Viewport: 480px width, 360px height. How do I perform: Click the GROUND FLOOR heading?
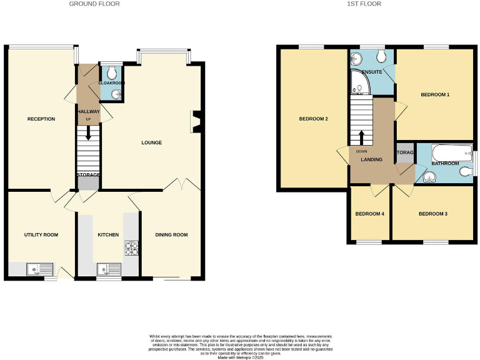[x=94, y=4]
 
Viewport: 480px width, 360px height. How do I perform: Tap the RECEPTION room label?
[x=41, y=119]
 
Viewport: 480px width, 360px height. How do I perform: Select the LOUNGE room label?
[x=151, y=142]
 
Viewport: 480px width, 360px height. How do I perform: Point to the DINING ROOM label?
[x=171, y=234]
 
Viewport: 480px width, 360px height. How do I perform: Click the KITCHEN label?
[x=108, y=234]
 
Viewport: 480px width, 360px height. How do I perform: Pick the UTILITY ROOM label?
[x=41, y=234]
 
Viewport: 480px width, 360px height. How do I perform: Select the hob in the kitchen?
[x=131, y=248]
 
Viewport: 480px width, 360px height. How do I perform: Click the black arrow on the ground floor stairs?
[x=88, y=132]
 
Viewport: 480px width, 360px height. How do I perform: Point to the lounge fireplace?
[x=196, y=122]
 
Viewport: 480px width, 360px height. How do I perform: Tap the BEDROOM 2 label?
[x=314, y=119]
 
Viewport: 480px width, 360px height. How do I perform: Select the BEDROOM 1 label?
[x=435, y=94]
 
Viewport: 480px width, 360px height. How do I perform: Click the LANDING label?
[x=371, y=160]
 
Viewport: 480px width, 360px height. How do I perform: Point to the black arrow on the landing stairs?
[x=361, y=137]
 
